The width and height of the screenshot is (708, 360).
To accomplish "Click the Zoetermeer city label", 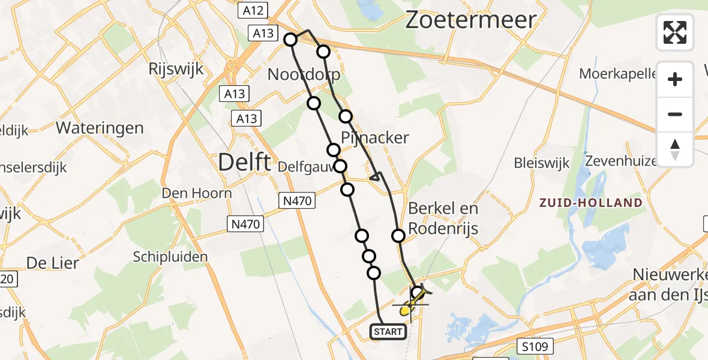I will [x=470, y=20].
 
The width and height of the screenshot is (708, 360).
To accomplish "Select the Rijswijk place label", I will [x=176, y=69].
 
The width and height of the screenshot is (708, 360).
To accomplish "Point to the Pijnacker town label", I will [x=376, y=137].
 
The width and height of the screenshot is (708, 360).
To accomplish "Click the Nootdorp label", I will [x=304, y=74].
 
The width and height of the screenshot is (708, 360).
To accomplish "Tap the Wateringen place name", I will [x=100, y=128].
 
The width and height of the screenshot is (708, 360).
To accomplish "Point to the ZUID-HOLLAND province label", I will [x=590, y=203].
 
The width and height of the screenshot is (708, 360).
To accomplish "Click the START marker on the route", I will [x=388, y=331].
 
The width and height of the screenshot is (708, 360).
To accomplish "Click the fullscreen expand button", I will [x=675, y=32].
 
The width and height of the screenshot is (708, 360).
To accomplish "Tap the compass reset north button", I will [x=675, y=149].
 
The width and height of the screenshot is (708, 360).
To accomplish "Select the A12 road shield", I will [x=251, y=10].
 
